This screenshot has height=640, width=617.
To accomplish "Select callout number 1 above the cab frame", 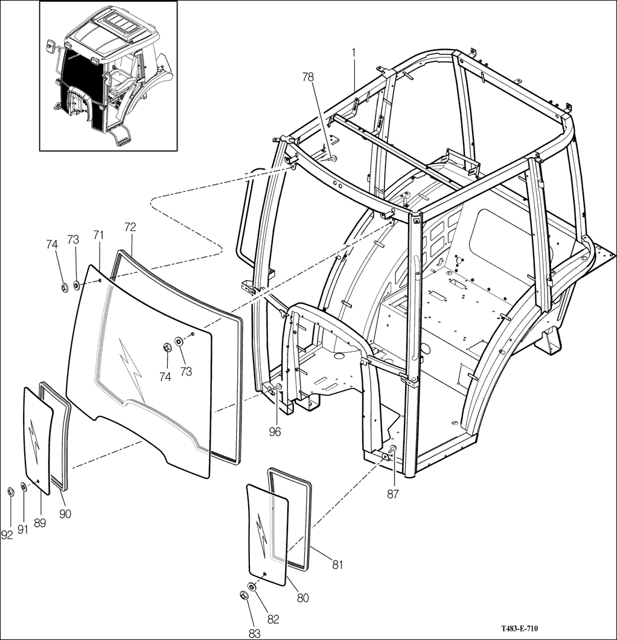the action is (x=354, y=53).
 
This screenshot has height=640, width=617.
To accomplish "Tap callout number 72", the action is (x=130, y=228).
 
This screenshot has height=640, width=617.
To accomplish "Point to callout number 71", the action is (x=98, y=235).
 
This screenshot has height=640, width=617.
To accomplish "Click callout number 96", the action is (x=275, y=432).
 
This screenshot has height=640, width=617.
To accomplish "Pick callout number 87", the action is (x=392, y=494).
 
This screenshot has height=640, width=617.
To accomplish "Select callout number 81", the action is (x=337, y=565).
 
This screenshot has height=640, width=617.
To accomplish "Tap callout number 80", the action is (x=303, y=598).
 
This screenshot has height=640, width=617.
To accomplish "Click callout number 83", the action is (x=255, y=633).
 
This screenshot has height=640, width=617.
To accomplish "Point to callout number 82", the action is (x=273, y=619).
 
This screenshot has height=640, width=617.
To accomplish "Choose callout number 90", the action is (x=65, y=514).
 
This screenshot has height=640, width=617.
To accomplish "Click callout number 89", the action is (x=40, y=523).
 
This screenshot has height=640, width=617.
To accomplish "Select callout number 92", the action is (x=7, y=535).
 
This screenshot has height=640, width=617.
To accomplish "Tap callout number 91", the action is (x=23, y=530).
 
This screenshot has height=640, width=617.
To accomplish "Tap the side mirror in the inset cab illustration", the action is (x=51, y=45).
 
